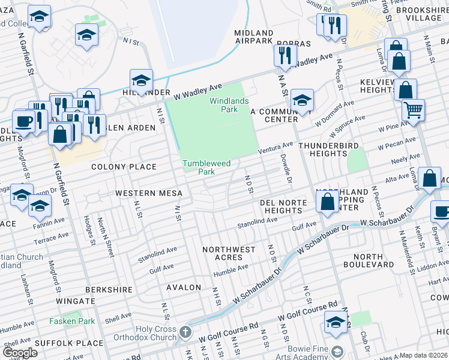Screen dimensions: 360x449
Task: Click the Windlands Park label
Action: pos(228,105)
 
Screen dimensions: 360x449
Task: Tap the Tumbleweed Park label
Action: pos(207,167)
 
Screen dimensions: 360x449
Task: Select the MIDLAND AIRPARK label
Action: pos(255,37)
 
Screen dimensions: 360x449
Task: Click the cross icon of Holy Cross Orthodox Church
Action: pos(185,332)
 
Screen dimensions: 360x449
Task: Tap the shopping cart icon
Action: pos(413,110)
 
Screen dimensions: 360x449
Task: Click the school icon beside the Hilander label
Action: pos(141,79)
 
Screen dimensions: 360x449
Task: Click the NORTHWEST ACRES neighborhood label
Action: pos(229,253)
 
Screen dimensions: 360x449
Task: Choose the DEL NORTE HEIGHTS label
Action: pos(282,206)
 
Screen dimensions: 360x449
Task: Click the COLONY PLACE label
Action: pos(124,167)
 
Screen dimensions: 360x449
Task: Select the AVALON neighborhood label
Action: pos(184,287)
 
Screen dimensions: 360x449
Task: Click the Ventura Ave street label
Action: pos(276,148)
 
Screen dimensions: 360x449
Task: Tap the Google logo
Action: pos(20,353)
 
